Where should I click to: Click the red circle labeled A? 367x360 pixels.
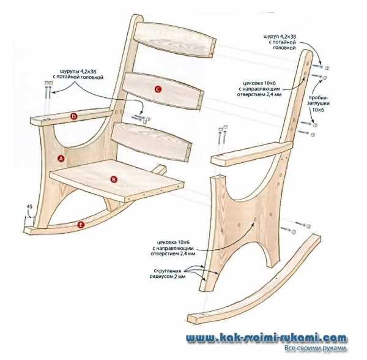[61, 158]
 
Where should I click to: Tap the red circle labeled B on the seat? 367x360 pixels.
[113, 179]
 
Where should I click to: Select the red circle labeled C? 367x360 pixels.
[157, 89]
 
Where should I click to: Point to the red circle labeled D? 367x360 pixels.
[73, 116]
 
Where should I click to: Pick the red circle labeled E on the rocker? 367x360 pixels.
[81, 225]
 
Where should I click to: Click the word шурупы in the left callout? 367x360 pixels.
[72, 70]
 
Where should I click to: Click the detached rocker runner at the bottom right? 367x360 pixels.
[257, 282]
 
